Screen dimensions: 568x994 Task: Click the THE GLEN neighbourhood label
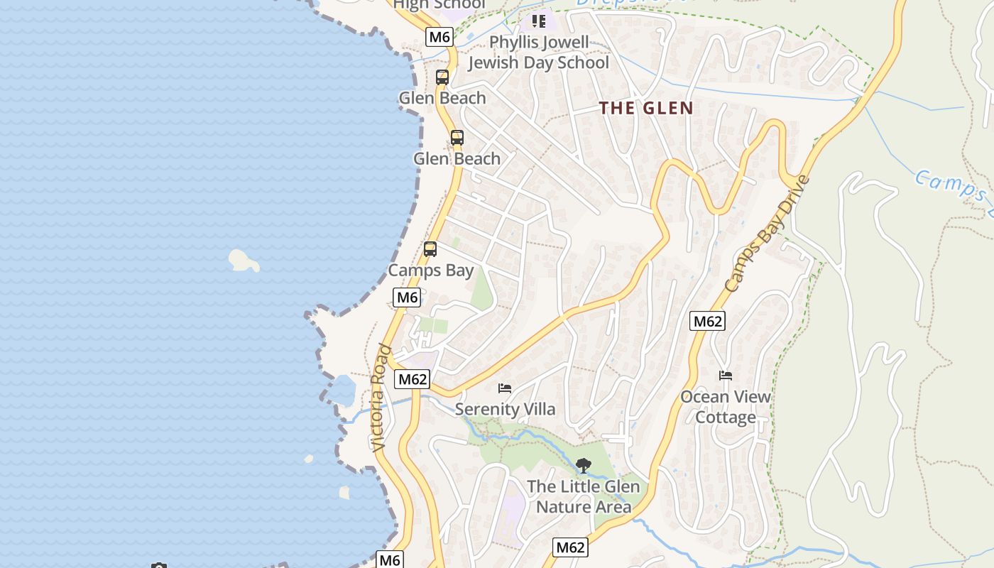pyautogui.click(x=645, y=108)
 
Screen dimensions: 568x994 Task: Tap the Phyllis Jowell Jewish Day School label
pyautogui.click(x=539, y=53)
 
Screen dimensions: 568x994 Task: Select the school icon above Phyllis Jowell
pyautogui.click(x=539, y=21)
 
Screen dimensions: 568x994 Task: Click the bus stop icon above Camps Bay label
pyautogui.click(x=430, y=249)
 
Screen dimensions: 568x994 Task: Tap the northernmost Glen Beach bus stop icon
pyautogui.click(x=442, y=77)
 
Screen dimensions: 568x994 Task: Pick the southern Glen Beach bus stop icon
pyautogui.click(x=457, y=138)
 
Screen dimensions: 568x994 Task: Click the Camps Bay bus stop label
pyautogui.click(x=430, y=271)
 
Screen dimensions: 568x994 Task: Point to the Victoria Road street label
pyautogui.click(x=381, y=398)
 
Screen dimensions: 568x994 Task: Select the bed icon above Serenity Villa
pyautogui.click(x=505, y=388)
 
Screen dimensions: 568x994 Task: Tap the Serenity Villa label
pyautogui.click(x=505, y=409)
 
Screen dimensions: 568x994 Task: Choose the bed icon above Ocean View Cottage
pyautogui.click(x=725, y=376)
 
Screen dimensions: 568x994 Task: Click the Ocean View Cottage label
pyautogui.click(x=726, y=407)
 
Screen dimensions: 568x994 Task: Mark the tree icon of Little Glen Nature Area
pyautogui.click(x=583, y=466)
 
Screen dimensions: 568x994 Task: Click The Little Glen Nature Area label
pyautogui.click(x=583, y=496)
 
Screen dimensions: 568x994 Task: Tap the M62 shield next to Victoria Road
pyautogui.click(x=413, y=379)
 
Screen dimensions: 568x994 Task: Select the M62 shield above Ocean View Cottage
pyautogui.click(x=707, y=321)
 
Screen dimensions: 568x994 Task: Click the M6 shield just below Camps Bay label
pyautogui.click(x=407, y=297)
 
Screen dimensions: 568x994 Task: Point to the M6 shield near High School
pyautogui.click(x=439, y=37)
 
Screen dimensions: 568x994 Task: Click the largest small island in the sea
pyautogui.click(x=244, y=261)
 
